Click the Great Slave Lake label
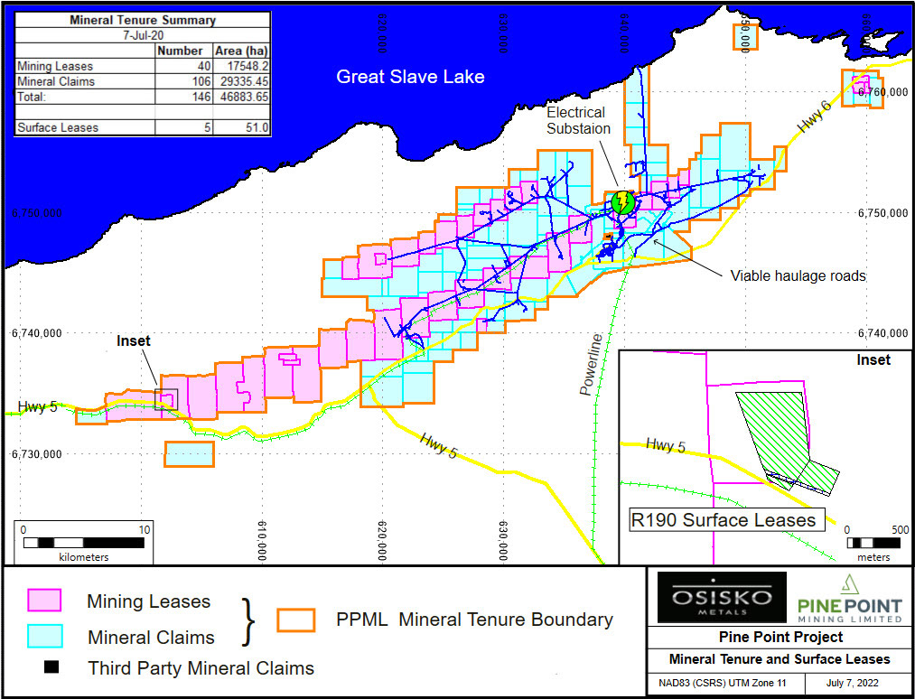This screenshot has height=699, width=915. click(x=410, y=77)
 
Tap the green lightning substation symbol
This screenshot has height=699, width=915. click(x=621, y=201)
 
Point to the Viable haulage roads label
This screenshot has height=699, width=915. click(x=798, y=275)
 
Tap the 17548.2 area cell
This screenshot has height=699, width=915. click(x=241, y=66)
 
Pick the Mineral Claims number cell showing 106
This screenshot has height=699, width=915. click(x=184, y=81)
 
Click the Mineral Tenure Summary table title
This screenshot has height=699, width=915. click(x=142, y=20)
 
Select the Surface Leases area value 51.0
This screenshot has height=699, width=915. click(x=241, y=127)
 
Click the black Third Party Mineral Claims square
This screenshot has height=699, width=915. click(x=51, y=667)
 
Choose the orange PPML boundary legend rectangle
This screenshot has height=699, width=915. click(x=295, y=620)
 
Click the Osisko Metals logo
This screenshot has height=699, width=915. click(x=722, y=597)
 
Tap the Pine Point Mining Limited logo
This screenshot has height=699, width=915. click(x=850, y=597)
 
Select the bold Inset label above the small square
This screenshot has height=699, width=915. click(x=134, y=340)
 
